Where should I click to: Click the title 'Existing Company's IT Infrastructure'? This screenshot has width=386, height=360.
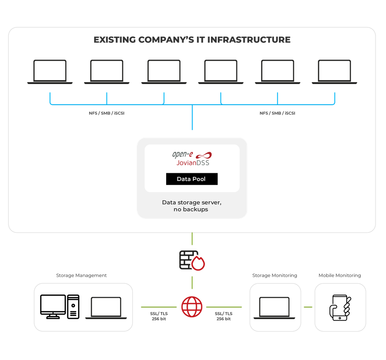(x=192, y=40)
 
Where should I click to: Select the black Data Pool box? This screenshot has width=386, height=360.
(x=191, y=179)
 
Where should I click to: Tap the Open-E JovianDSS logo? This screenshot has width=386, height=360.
(x=191, y=158)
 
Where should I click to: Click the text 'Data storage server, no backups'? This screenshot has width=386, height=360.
(x=191, y=206)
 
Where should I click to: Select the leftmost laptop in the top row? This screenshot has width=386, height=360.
(x=50, y=72)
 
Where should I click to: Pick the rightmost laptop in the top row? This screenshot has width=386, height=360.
(x=334, y=72)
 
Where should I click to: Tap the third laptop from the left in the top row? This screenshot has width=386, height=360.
(x=164, y=72)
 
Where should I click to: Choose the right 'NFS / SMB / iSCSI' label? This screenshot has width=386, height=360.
(x=277, y=113)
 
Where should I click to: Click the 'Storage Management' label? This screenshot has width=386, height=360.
(x=81, y=275)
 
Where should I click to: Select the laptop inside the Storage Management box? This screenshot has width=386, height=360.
(x=106, y=308)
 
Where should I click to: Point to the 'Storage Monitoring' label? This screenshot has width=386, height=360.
(x=275, y=275)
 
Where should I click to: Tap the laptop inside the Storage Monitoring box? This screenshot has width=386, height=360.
(x=275, y=308)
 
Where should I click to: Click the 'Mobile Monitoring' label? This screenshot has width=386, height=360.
(x=340, y=275)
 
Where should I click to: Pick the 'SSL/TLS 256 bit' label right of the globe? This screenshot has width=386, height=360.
(x=224, y=316)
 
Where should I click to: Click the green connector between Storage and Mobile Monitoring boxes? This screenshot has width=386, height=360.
(x=308, y=307)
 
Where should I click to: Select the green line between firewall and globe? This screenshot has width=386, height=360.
(x=192, y=283)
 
